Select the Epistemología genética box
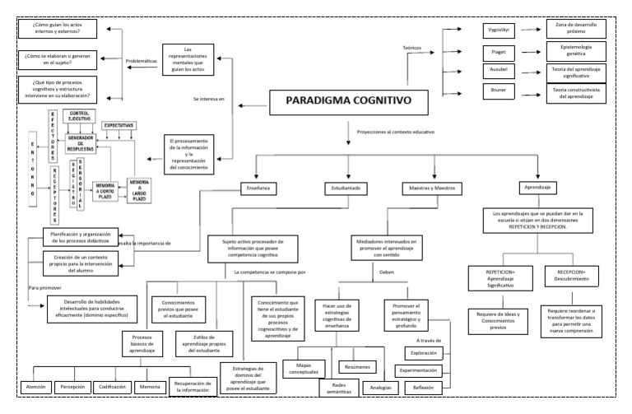tap(574, 52)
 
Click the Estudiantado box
tap(347, 188)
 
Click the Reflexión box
tap(425, 387)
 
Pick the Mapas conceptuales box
tap(306, 370)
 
